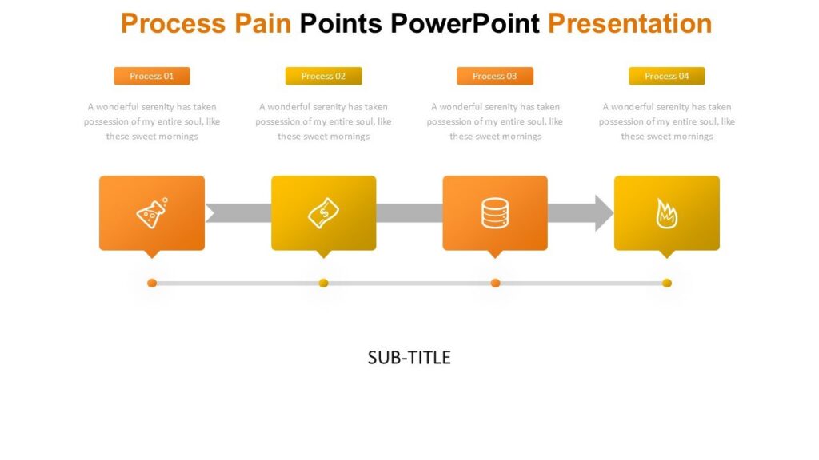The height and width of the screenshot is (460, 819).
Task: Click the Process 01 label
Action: click(x=152, y=76)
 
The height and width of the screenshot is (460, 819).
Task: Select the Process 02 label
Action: click(x=323, y=76)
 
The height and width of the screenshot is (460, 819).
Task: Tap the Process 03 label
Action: click(x=495, y=76)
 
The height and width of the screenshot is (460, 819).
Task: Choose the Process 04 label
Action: click(x=666, y=76)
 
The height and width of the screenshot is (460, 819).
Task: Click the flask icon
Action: click(x=152, y=213)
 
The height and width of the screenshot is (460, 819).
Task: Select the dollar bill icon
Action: click(x=324, y=213)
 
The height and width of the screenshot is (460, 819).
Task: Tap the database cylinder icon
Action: click(x=495, y=213)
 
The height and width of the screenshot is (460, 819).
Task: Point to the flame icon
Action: click(x=666, y=213)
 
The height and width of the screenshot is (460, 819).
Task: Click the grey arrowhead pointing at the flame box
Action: click(x=603, y=213)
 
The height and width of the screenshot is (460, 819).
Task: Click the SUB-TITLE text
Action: click(x=409, y=357)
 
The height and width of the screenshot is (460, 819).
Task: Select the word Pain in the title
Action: click(x=262, y=23)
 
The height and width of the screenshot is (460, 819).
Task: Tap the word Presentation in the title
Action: click(x=630, y=23)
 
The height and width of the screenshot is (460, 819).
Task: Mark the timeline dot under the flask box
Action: click(x=152, y=283)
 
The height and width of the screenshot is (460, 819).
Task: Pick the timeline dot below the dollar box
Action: click(x=324, y=283)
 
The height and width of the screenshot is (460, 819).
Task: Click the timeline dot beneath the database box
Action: click(x=495, y=283)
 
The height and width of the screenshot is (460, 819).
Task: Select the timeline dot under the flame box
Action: click(x=667, y=283)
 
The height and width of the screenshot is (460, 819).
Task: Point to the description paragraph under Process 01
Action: click(x=152, y=121)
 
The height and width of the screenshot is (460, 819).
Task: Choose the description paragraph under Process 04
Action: click(x=666, y=121)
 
